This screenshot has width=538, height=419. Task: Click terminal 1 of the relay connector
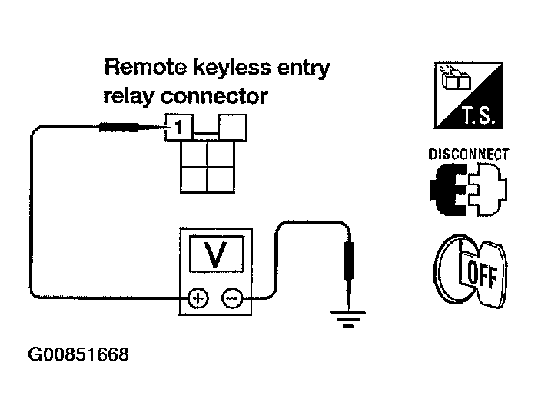coord(179,128)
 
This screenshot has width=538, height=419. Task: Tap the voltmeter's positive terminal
coord(198,298)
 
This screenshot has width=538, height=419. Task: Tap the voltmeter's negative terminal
coord(232,298)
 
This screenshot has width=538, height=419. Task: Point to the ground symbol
coord(348,319)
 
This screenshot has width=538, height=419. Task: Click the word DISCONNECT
coord(469,155)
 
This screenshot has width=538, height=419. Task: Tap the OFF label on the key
coord(483,274)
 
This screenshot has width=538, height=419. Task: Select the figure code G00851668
coord(78,354)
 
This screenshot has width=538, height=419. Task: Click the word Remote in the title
coord(145,67)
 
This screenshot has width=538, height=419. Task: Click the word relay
coord(128,96)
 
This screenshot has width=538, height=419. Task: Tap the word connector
coord(214,97)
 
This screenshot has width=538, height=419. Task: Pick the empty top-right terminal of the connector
coord(233,128)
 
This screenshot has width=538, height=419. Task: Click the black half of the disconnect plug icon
coord(448,190)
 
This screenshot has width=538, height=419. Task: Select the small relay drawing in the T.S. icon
coord(457,78)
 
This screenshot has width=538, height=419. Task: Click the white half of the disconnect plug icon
coord(490,189)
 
